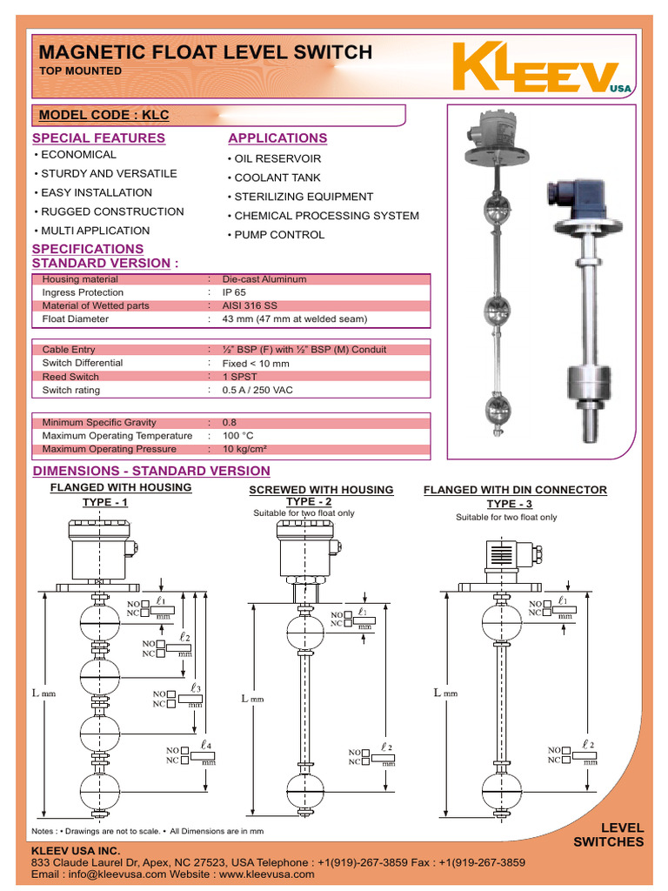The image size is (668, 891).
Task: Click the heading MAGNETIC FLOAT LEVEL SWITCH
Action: point(205,52)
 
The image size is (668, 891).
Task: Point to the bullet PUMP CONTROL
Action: point(278,235)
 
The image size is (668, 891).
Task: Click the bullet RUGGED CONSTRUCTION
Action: point(111,211)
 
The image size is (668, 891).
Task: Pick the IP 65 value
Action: point(234,293)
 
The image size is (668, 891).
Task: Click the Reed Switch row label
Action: point(70,377)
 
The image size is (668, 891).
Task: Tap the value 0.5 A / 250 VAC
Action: point(257,391)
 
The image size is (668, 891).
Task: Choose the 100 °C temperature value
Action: point(237,436)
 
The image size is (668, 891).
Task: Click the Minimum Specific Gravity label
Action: point(99,422)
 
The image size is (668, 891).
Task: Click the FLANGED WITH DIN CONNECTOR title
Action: point(515,490)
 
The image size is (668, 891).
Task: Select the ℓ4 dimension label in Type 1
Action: point(205,745)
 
